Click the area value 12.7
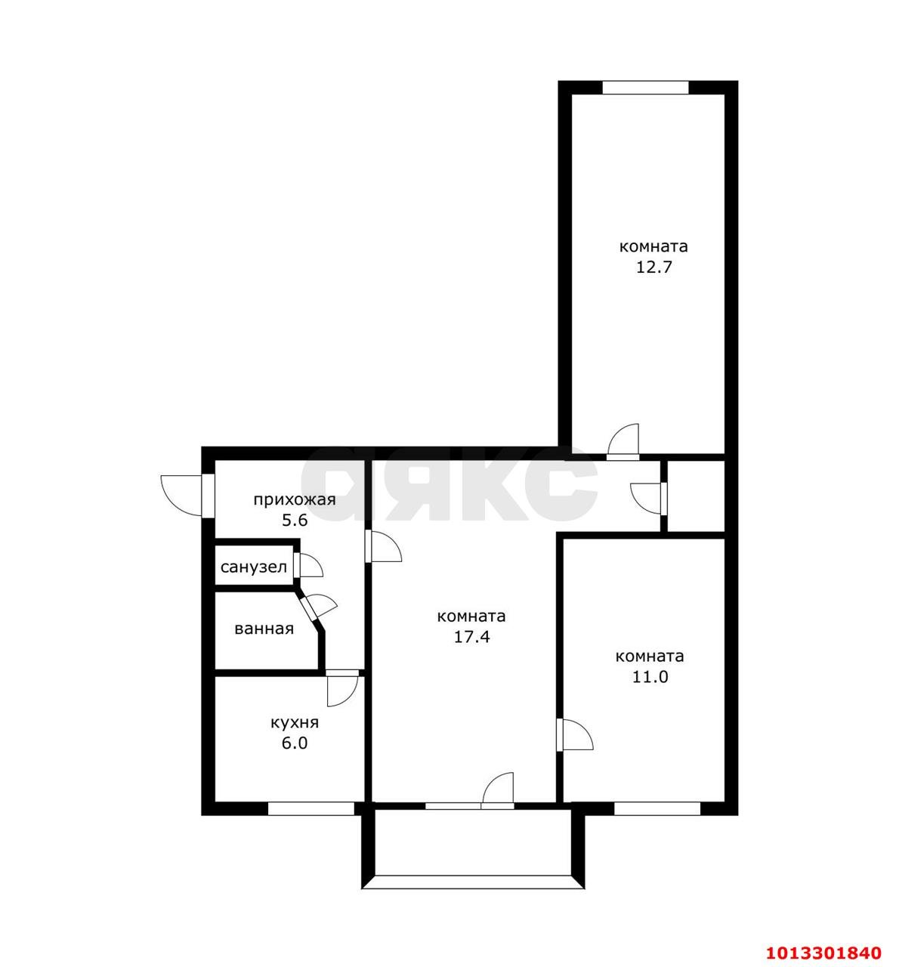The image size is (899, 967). [654, 267]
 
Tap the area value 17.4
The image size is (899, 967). [471, 637]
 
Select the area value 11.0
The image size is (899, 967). [650, 677]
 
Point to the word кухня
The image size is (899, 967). [295, 723]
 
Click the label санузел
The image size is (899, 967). [254, 567]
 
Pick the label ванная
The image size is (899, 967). [264, 629]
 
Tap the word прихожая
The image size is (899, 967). [295, 500]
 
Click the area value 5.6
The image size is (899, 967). [295, 521]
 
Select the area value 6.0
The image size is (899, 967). [295, 743]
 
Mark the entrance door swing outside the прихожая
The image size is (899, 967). [181, 496]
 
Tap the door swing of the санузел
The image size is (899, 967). [308, 565]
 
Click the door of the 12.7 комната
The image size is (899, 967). [623, 441]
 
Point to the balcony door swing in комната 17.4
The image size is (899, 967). [498, 790]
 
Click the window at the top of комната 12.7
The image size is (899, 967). [646, 88]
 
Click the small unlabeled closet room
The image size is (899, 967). [696, 496]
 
